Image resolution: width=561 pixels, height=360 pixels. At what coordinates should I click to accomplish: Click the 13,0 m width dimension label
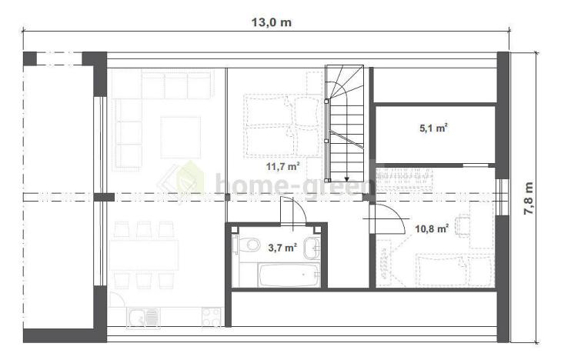(271, 22)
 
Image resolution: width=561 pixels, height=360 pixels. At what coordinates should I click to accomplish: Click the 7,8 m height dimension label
(529, 198)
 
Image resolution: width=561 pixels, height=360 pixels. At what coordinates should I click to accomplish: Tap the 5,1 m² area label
(434, 128)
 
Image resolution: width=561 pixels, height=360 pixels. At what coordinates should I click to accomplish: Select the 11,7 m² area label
(282, 166)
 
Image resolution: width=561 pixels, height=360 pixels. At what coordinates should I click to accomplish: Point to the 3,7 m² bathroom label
(282, 247)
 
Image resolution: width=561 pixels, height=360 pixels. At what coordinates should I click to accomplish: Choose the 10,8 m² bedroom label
(432, 228)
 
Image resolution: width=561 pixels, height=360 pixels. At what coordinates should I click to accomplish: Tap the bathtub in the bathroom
(289, 275)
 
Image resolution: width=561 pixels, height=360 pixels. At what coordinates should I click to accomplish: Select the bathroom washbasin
(312, 248)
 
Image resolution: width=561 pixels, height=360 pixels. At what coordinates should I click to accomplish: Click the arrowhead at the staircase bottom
(347, 179)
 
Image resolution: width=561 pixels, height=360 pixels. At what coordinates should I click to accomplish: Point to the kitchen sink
(144, 318)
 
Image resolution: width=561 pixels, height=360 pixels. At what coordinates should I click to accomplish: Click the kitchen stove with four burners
(212, 317)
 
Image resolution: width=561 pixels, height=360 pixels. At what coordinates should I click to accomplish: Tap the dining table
(144, 255)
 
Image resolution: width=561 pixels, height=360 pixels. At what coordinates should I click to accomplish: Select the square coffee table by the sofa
(181, 137)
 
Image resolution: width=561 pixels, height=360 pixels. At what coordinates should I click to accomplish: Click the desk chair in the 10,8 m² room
(462, 225)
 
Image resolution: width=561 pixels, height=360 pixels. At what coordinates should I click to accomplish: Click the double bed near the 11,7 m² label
(282, 126)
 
